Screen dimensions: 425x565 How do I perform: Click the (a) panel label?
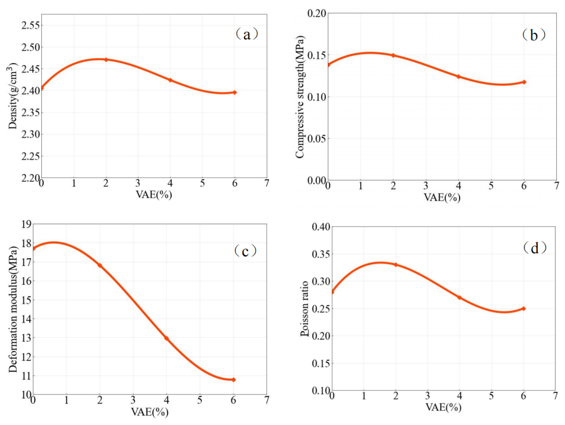click(247, 35)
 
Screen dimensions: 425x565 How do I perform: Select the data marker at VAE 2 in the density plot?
click(106, 59)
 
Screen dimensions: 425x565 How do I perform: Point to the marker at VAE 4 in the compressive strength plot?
click(459, 76)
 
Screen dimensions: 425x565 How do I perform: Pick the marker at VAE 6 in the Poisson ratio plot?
click(523, 308)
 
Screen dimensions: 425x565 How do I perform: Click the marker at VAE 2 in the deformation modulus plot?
click(100, 266)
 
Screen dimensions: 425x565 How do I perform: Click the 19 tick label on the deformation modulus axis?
click(26, 224)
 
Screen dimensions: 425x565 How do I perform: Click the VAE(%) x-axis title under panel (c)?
click(150, 412)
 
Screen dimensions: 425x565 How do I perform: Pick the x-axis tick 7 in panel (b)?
click(557, 186)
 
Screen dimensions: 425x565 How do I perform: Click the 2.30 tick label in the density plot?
click(31, 134)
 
